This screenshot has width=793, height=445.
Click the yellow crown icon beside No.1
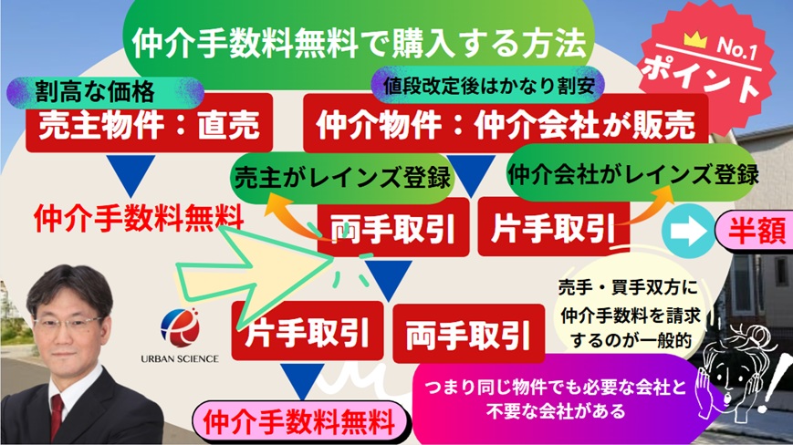point(694,40)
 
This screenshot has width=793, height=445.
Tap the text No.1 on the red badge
point(737,49)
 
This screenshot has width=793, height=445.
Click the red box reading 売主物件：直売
point(149,123)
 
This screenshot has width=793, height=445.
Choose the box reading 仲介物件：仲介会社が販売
point(506,124)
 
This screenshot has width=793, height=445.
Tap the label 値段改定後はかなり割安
point(488,85)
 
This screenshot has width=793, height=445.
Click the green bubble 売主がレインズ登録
point(342,177)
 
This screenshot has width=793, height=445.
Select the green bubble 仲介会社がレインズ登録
point(632,173)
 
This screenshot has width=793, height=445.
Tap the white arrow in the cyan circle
point(688,232)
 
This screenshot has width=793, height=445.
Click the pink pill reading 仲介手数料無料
point(299,422)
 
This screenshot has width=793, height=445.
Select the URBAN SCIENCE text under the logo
point(180,358)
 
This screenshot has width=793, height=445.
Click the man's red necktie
point(57,415)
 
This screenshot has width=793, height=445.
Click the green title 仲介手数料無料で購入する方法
point(359,43)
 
